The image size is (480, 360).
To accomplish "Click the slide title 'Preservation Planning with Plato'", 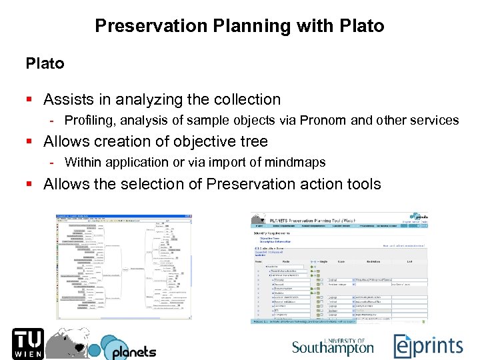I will pos(239,26).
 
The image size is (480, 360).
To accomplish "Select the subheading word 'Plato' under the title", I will pos(45,64).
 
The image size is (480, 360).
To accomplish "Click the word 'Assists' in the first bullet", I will pos(69,100).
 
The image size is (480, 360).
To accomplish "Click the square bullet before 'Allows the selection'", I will pos(29,184).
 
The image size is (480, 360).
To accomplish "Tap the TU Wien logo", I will pos(27,343).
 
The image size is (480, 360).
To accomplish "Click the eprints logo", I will pos(427,345).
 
